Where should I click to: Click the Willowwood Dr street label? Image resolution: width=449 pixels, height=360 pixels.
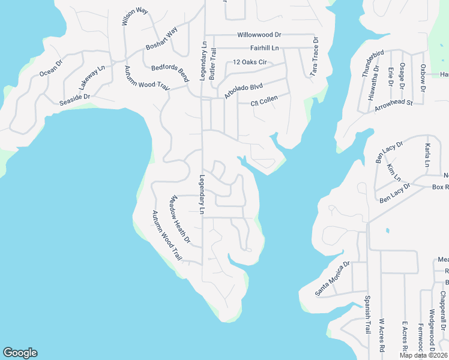(x=259, y=35)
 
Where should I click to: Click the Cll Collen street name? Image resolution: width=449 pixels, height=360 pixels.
(x=265, y=104)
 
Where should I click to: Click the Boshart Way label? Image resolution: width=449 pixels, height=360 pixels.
(x=162, y=40)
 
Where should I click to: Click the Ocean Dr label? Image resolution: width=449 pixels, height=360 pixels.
(x=50, y=67)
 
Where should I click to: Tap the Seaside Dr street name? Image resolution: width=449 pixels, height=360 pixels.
(x=74, y=100)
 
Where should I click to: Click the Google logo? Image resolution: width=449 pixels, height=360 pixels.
(x=20, y=353)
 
